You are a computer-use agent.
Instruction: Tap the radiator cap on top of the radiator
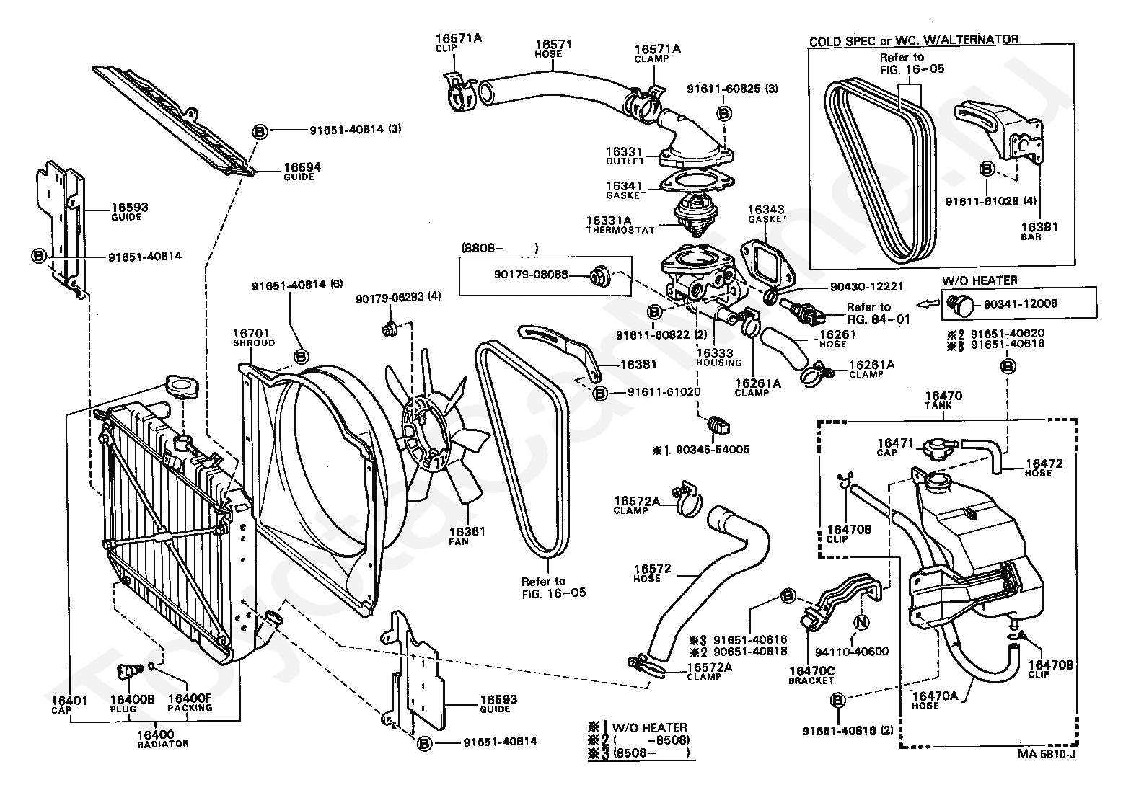click(177, 384)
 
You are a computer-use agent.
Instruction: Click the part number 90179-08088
click(531, 275)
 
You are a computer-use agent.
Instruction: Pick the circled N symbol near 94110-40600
click(860, 622)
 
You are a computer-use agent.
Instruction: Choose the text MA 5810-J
click(1045, 755)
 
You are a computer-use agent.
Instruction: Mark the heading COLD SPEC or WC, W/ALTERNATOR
click(913, 40)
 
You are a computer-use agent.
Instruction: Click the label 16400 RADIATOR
click(163, 737)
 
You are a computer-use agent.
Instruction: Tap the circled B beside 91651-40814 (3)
click(260, 130)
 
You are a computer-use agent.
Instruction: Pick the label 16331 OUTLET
click(625, 156)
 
